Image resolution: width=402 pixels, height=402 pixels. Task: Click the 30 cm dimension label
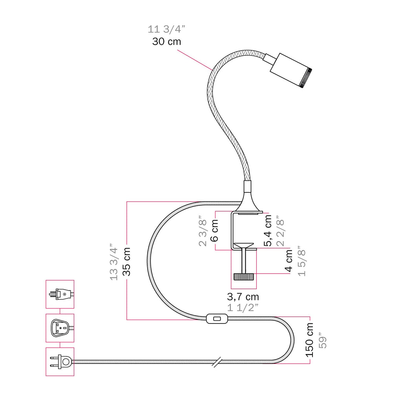pos(166,42)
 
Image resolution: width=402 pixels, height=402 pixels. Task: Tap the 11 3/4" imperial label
pos(166,29)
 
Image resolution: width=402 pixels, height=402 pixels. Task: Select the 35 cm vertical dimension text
pos(126,262)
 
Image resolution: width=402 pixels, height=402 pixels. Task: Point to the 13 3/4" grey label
pos(113,262)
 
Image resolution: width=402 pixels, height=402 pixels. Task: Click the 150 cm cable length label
pos(309,340)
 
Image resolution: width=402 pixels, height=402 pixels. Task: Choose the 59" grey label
pos(323,340)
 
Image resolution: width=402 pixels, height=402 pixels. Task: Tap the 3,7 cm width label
pos(243,297)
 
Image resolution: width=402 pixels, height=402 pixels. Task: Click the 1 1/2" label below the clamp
pos(243,307)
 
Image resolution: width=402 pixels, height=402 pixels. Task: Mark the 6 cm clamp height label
pos(214,230)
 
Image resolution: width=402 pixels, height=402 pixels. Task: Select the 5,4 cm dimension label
pos(268,230)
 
